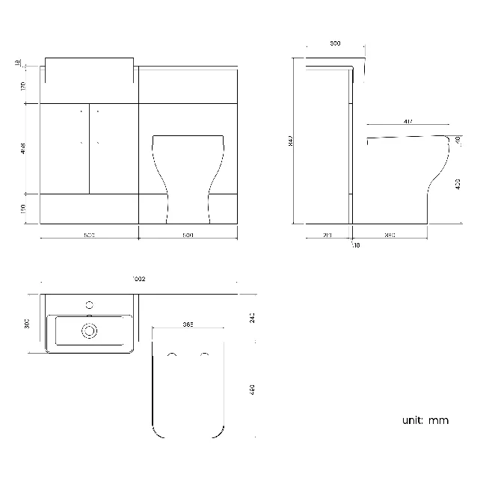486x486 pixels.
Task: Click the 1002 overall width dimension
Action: pos(138,279)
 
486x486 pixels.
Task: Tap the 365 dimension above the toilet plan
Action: pos(188,324)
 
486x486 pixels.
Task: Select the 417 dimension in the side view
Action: pos(408,121)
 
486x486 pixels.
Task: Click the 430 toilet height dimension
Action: pos(457,182)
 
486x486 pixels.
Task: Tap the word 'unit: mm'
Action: pos(425,420)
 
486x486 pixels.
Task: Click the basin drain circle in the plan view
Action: pos(90,330)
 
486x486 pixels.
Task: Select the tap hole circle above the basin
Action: pos(90,305)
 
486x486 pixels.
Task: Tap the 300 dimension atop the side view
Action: pos(335,44)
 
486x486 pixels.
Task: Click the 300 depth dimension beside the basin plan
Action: pos(27,324)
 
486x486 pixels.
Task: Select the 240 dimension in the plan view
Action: pos(253,319)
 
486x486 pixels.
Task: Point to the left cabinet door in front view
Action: pos(64,148)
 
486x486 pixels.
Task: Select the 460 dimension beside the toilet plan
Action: pos(253,390)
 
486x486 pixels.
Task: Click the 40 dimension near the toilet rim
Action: pos(457,140)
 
